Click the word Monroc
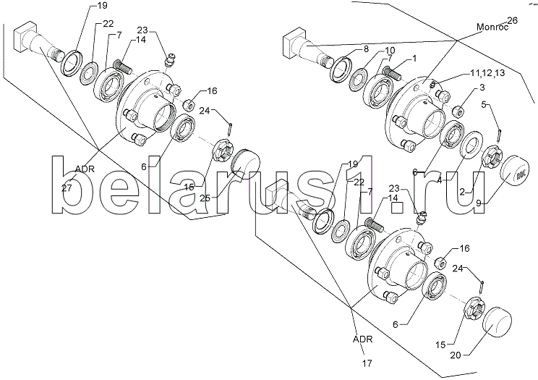point(492,28)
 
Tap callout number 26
point(512,20)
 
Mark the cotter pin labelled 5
point(500,135)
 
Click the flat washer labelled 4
point(471,144)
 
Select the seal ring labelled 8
point(340,70)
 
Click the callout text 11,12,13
point(487,73)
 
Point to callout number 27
point(67,188)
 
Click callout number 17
point(367,363)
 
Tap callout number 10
point(390,51)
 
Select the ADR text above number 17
point(362,339)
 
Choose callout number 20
point(456,355)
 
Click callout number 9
point(478,203)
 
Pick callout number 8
point(366,49)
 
